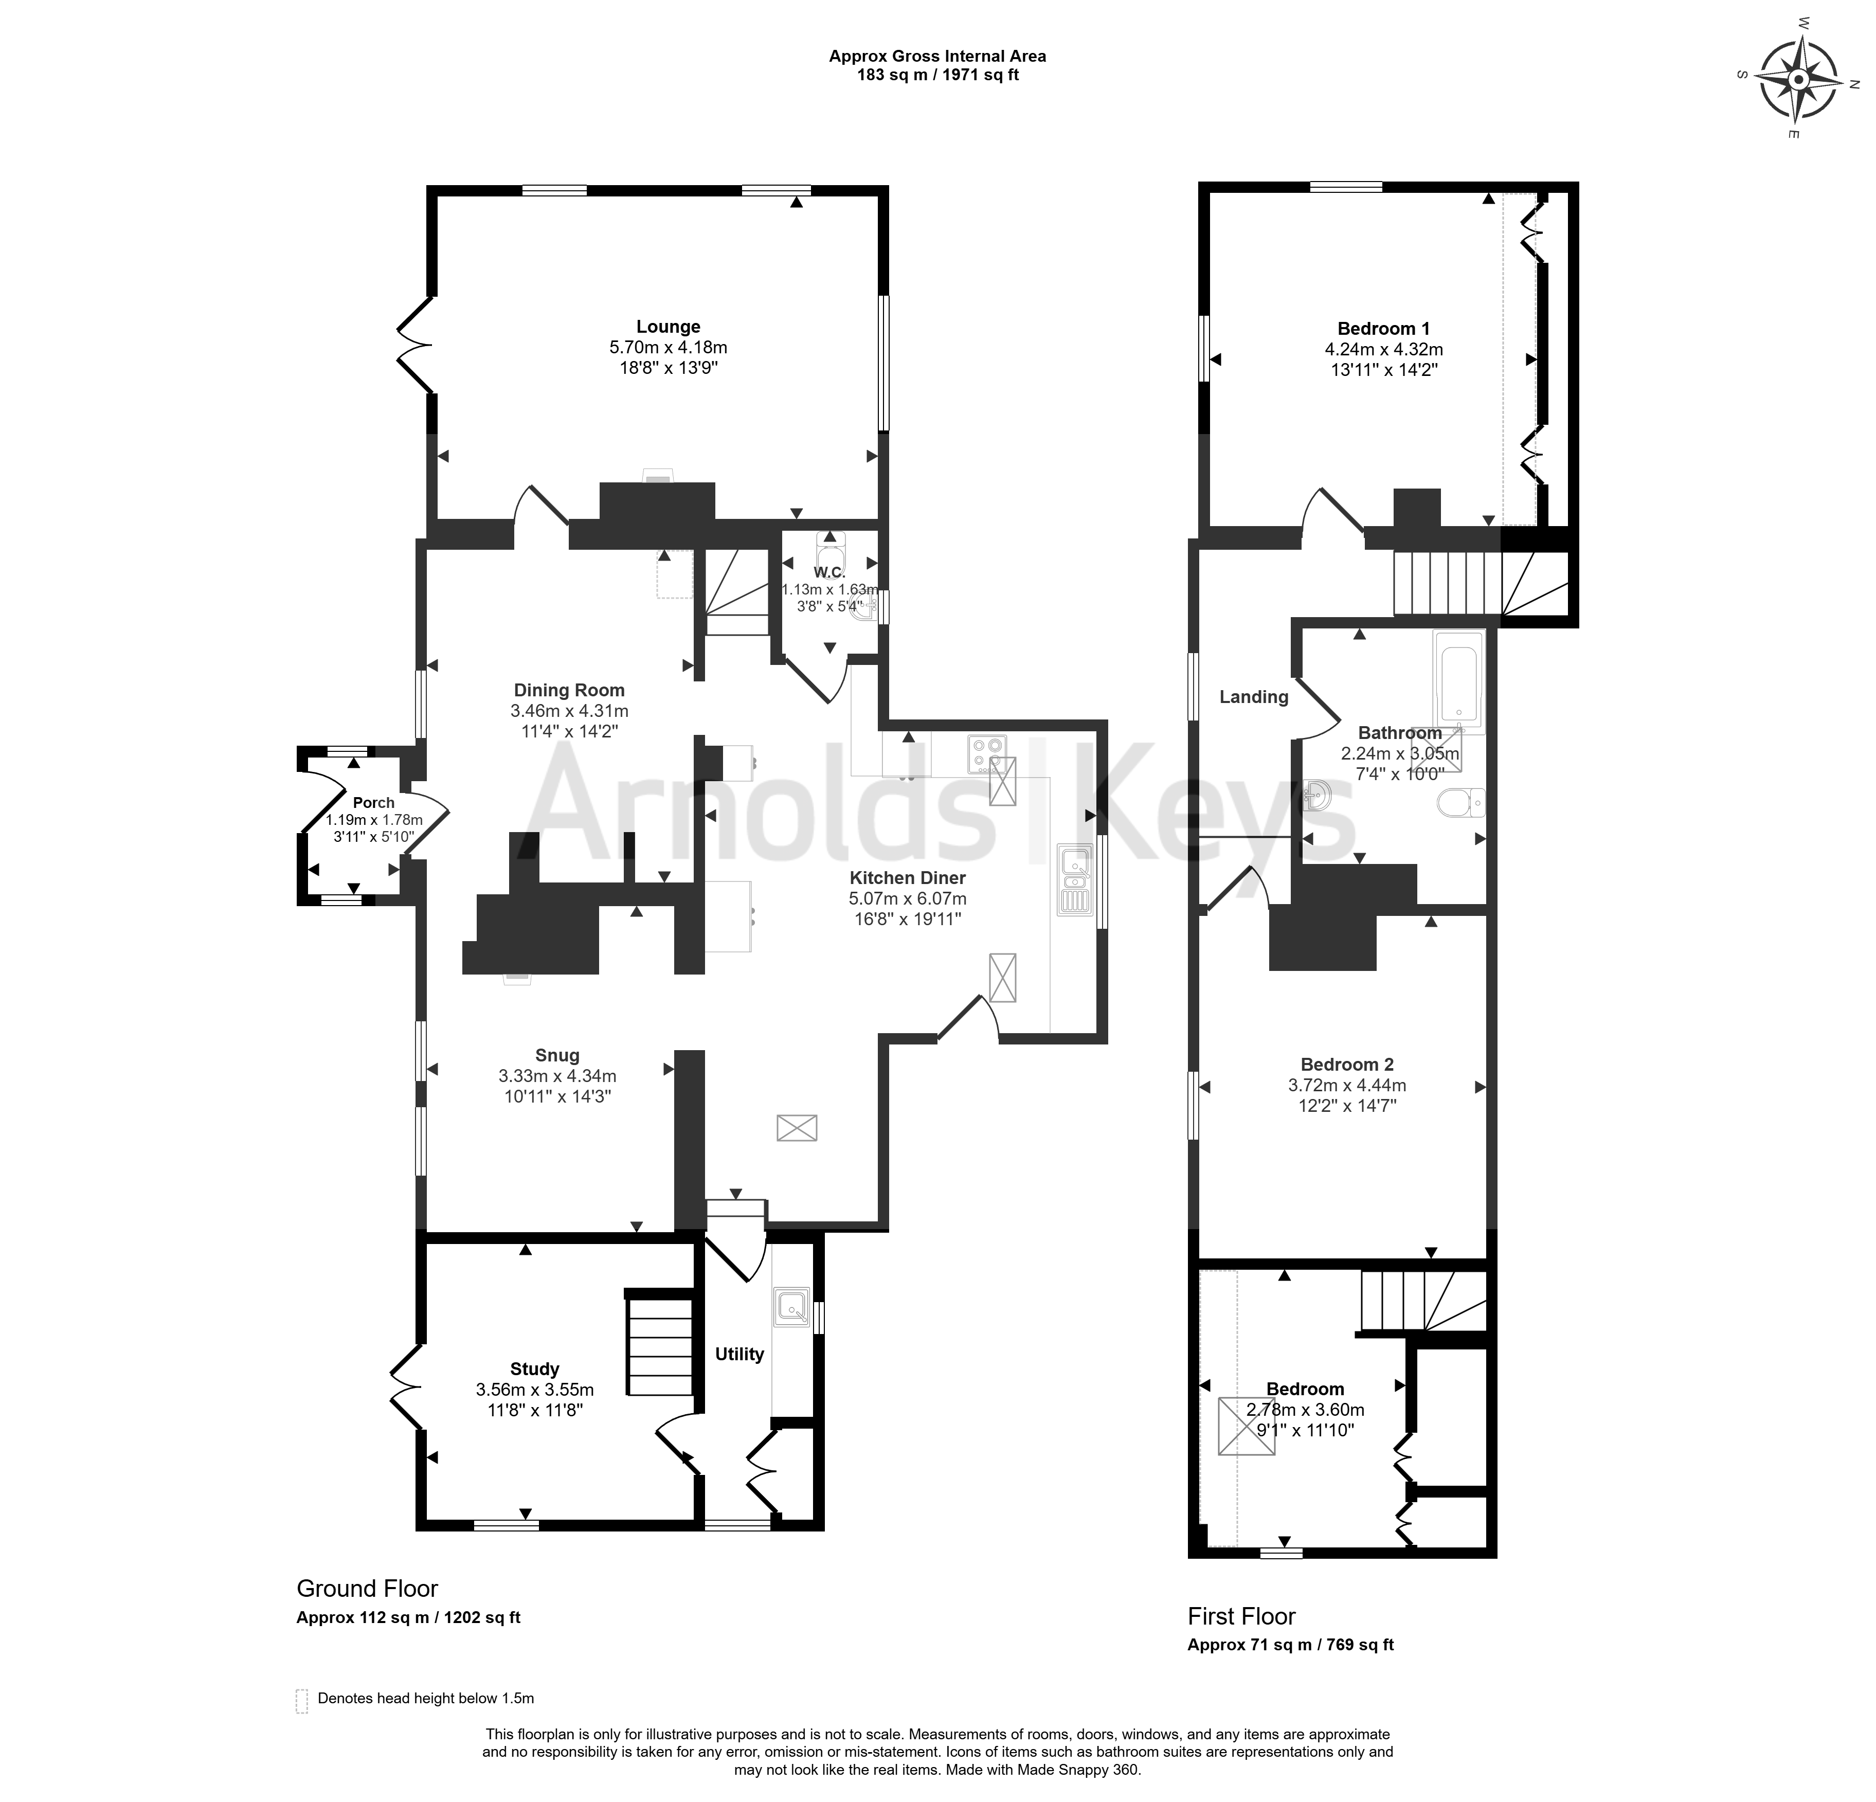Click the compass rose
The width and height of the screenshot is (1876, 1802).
1799,80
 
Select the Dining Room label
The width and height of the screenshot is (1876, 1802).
569,690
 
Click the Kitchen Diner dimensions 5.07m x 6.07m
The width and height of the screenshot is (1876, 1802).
907,898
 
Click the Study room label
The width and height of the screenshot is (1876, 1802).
534,1369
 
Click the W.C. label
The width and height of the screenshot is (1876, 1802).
830,572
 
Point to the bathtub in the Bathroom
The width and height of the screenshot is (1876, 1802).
1458,682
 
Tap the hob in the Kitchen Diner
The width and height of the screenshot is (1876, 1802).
987,753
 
